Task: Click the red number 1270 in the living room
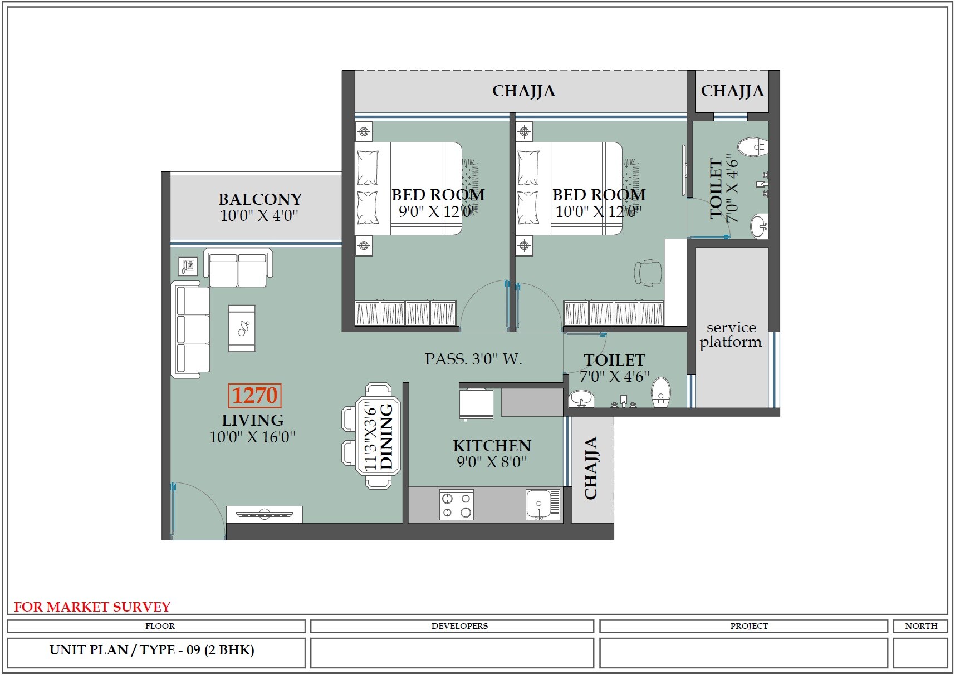[254, 396]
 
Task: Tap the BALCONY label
[259, 199]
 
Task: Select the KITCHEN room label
[492, 446]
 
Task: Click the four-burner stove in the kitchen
[456, 505]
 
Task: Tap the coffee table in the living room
[242, 328]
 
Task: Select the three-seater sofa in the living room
[192, 329]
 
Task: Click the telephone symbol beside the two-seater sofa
[188, 266]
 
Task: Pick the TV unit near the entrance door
[265, 514]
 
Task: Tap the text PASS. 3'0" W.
[473, 359]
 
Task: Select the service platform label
[731, 334]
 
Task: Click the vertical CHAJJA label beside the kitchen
[591, 468]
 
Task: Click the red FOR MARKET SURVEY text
[92, 607]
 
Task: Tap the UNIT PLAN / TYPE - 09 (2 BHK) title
[151, 650]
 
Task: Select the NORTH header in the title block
[920, 626]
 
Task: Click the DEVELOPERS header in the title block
[459, 626]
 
